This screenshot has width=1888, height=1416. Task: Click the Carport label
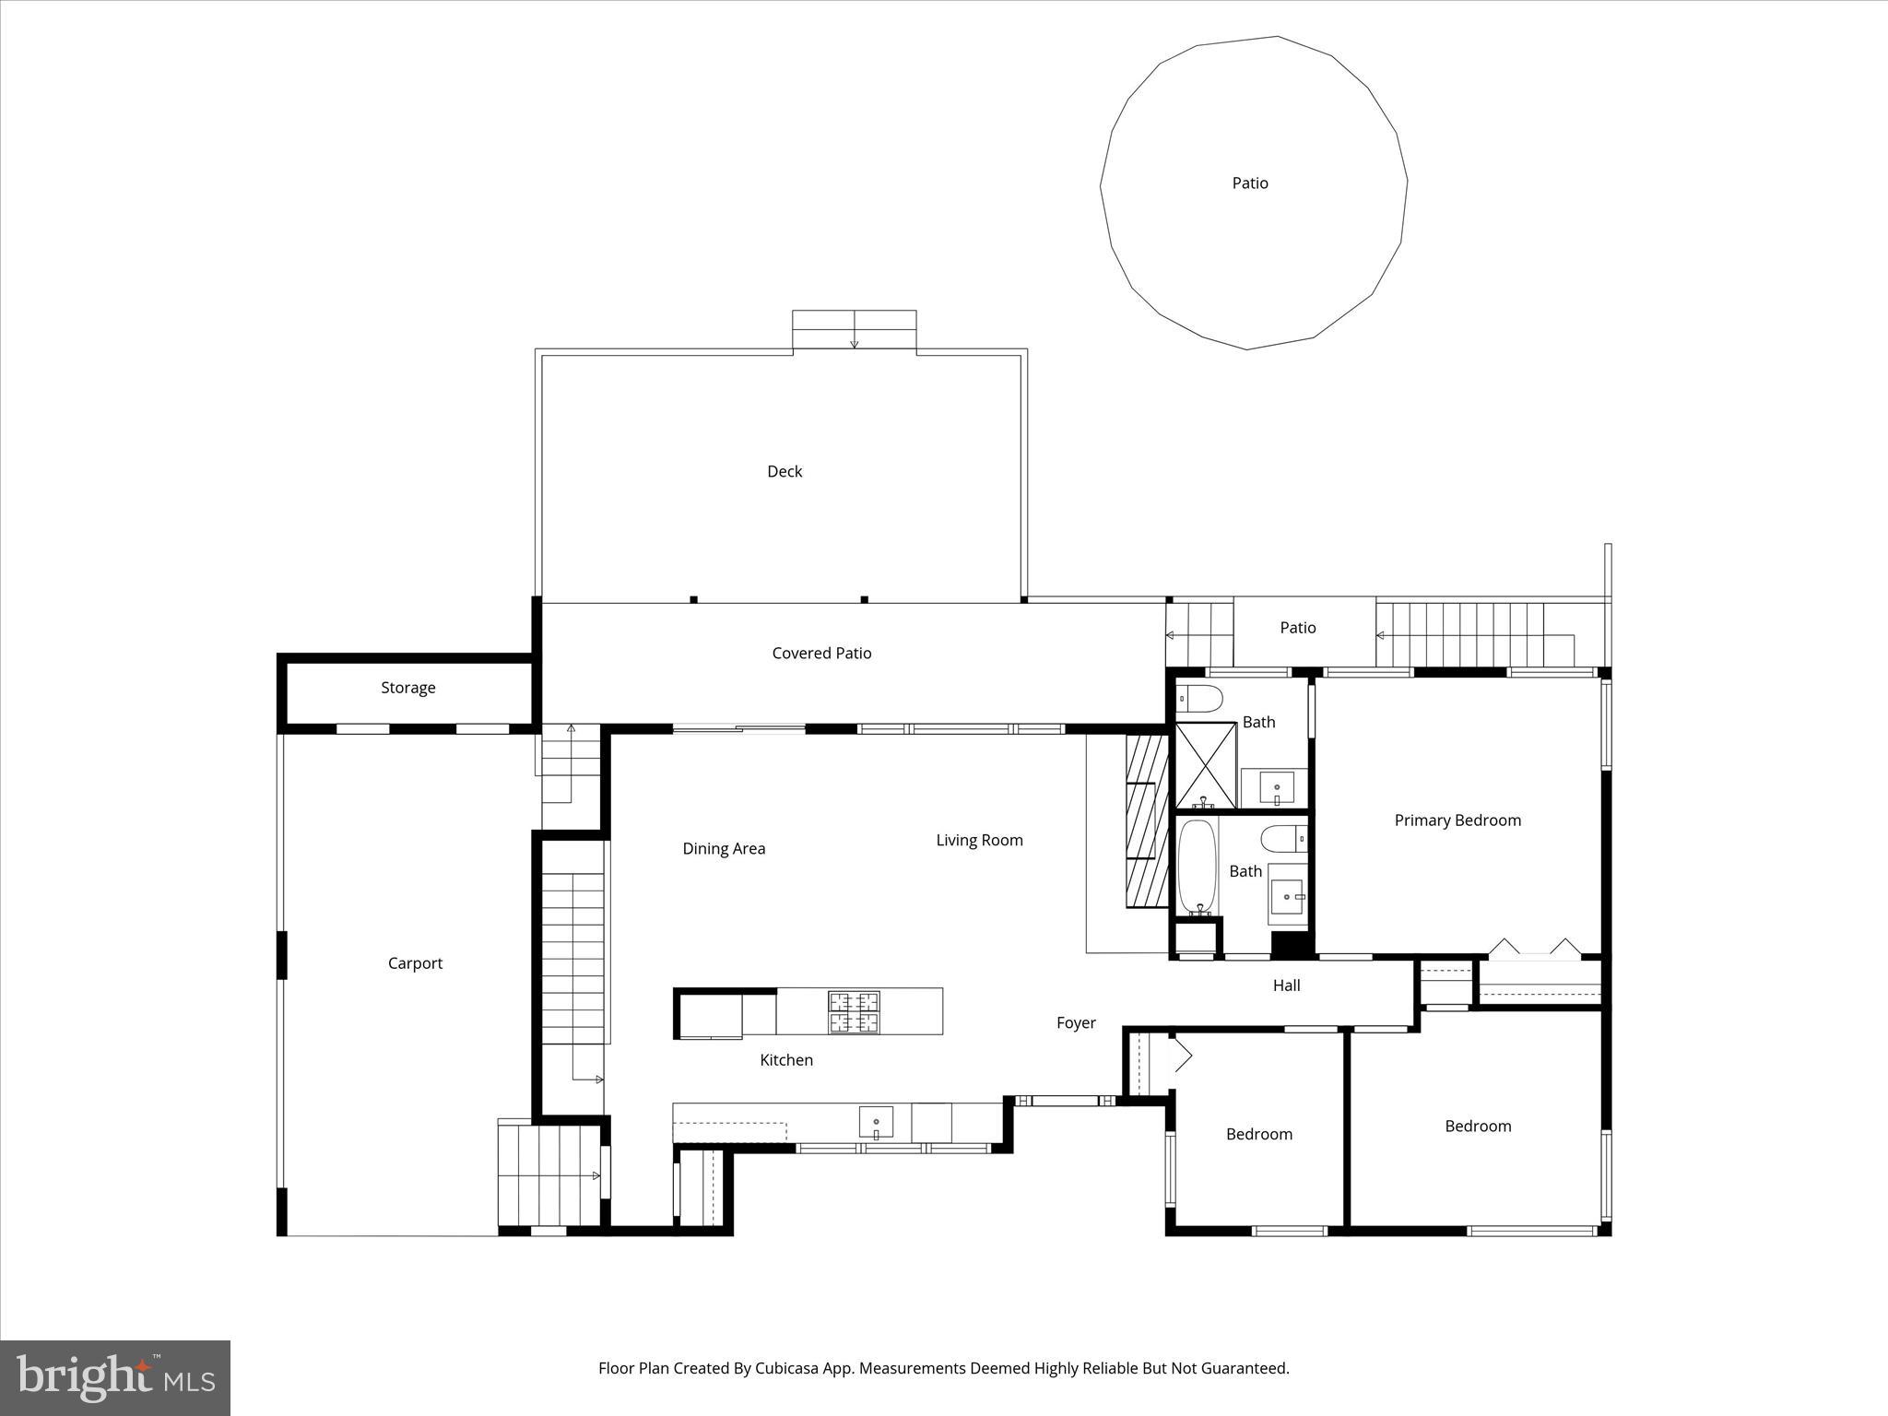(415, 963)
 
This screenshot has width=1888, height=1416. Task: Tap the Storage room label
(407, 688)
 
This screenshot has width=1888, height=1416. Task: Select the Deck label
(785, 471)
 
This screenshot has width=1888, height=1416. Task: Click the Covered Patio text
(821, 653)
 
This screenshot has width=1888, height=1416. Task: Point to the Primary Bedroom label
(1457, 820)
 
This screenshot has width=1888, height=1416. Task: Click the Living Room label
(979, 840)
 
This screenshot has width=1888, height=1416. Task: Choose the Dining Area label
(724, 849)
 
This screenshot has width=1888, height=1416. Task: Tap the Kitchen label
(786, 1060)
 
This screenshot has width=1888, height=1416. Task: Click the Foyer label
(1076, 1022)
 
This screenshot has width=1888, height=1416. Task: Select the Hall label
(1286, 985)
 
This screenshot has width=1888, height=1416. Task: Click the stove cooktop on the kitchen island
(854, 1011)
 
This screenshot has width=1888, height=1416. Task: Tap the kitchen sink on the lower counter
(876, 1122)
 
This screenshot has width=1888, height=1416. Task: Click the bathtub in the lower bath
(1198, 867)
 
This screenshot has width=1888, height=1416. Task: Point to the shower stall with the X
(1205, 765)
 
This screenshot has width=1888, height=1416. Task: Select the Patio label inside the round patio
(1250, 183)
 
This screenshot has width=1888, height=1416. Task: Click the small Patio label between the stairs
(1297, 628)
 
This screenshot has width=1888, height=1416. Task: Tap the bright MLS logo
(115, 1377)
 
